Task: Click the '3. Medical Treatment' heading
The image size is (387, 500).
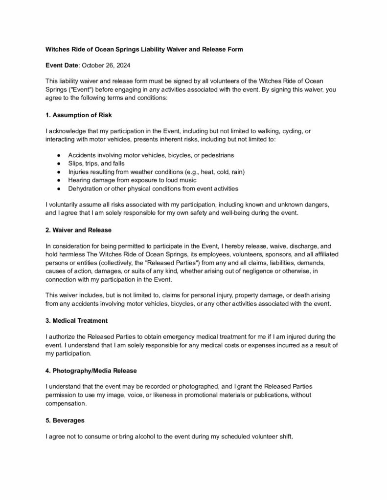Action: [x=76, y=321]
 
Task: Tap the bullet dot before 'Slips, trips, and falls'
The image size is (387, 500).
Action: [x=59, y=164]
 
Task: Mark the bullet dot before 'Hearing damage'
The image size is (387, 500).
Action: [x=59, y=180]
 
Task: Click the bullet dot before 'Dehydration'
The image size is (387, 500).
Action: [x=59, y=188]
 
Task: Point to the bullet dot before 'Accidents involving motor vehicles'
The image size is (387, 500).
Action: [x=59, y=155]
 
